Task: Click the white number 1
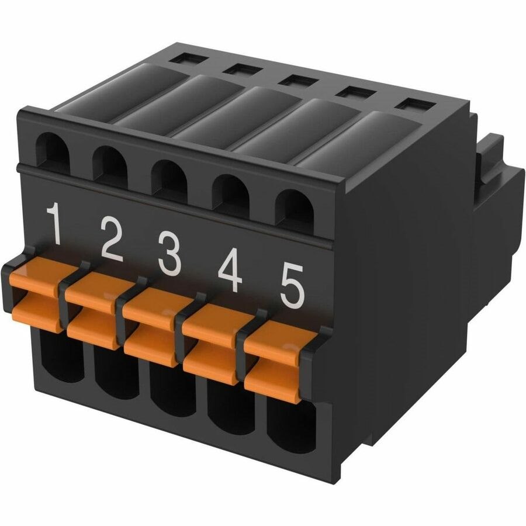55,223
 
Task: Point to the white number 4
230,272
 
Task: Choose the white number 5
292,286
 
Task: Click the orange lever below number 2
96,310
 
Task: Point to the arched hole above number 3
170,178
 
